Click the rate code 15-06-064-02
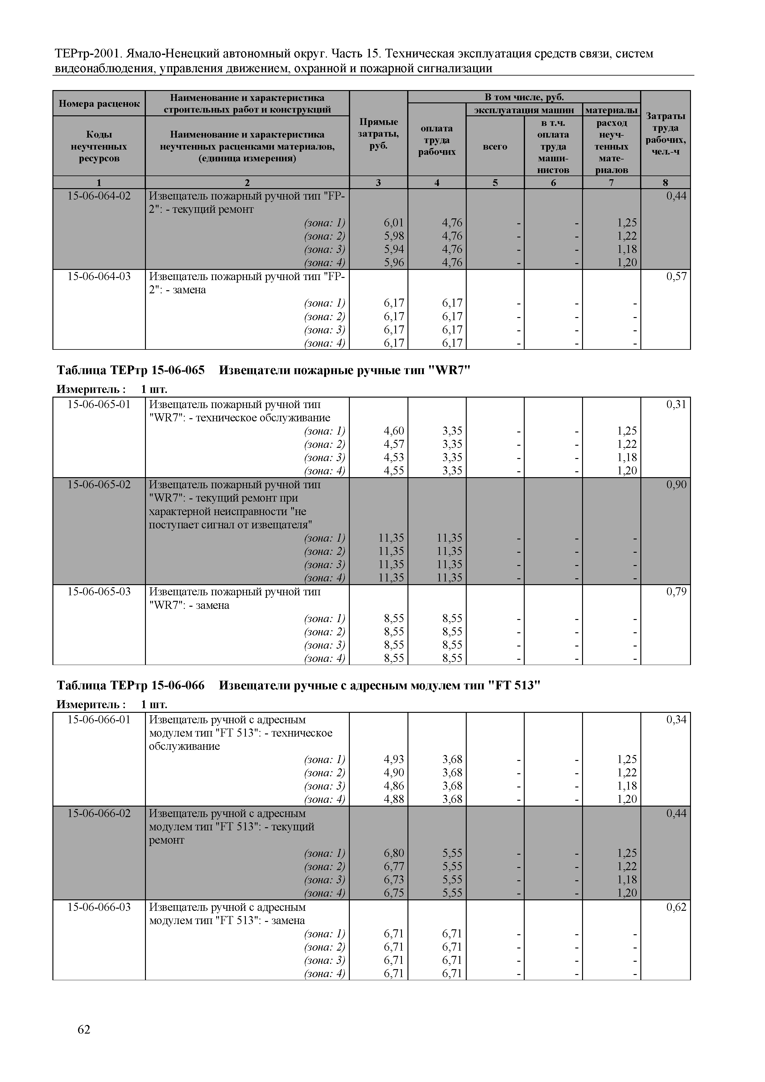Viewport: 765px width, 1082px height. tap(99, 196)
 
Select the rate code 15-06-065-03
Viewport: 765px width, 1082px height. tap(99, 591)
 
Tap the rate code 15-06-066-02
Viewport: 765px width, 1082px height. tap(99, 813)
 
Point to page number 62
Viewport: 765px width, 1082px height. tap(84, 1030)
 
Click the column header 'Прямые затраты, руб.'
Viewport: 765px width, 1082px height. tap(378, 134)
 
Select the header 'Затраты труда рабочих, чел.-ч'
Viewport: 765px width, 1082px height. tap(666, 134)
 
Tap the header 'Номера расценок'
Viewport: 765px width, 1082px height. tap(99, 104)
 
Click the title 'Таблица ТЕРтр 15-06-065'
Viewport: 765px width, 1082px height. tap(130, 370)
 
